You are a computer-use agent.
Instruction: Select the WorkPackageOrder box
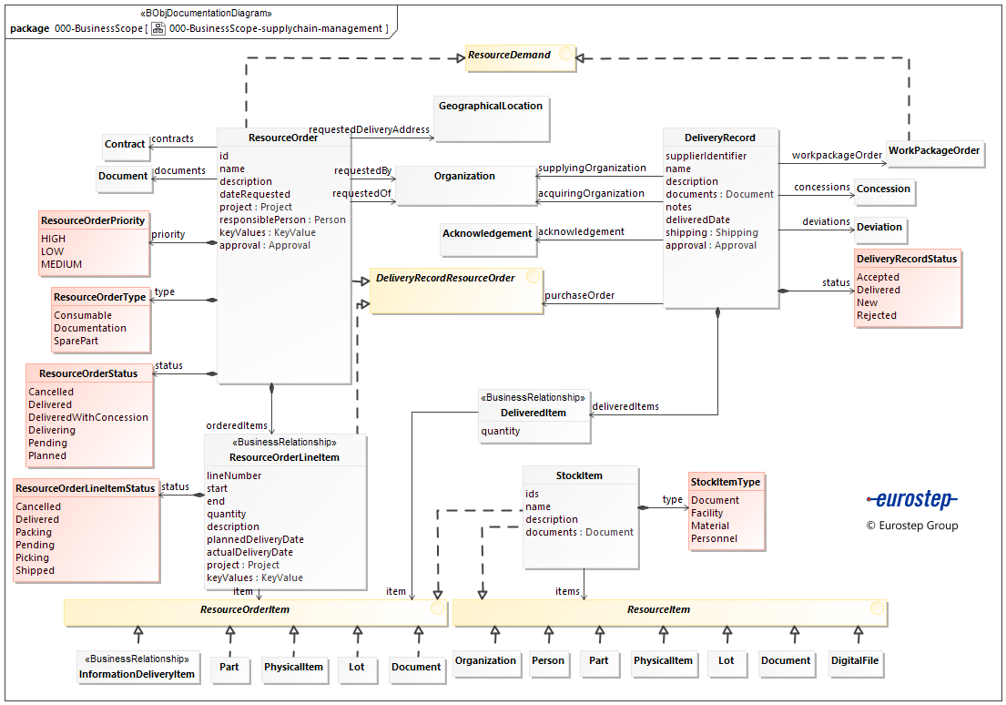tap(934, 151)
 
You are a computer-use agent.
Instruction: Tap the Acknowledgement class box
tap(487, 234)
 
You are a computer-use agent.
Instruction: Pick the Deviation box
tap(879, 228)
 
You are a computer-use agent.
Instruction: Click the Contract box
tap(125, 145)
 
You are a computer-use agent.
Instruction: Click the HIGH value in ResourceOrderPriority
tap(54, 240)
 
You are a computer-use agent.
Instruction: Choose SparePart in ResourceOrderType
tap(76, 342)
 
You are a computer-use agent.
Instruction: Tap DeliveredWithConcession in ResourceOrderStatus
tap(88, 418)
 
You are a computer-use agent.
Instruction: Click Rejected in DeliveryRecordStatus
tap(877, 316)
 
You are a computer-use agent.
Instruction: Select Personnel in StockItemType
tap(714, 539)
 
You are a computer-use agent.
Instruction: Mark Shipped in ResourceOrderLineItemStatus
tap(36, 571)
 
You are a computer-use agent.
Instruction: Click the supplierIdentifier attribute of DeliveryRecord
tap(706, 156)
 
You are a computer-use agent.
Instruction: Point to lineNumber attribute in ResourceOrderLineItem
tap(234, 475)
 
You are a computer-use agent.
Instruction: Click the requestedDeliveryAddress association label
tap(369, 130)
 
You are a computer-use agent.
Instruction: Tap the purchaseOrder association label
tap(579, 295)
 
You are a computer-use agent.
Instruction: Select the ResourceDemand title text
tap(510, 56)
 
